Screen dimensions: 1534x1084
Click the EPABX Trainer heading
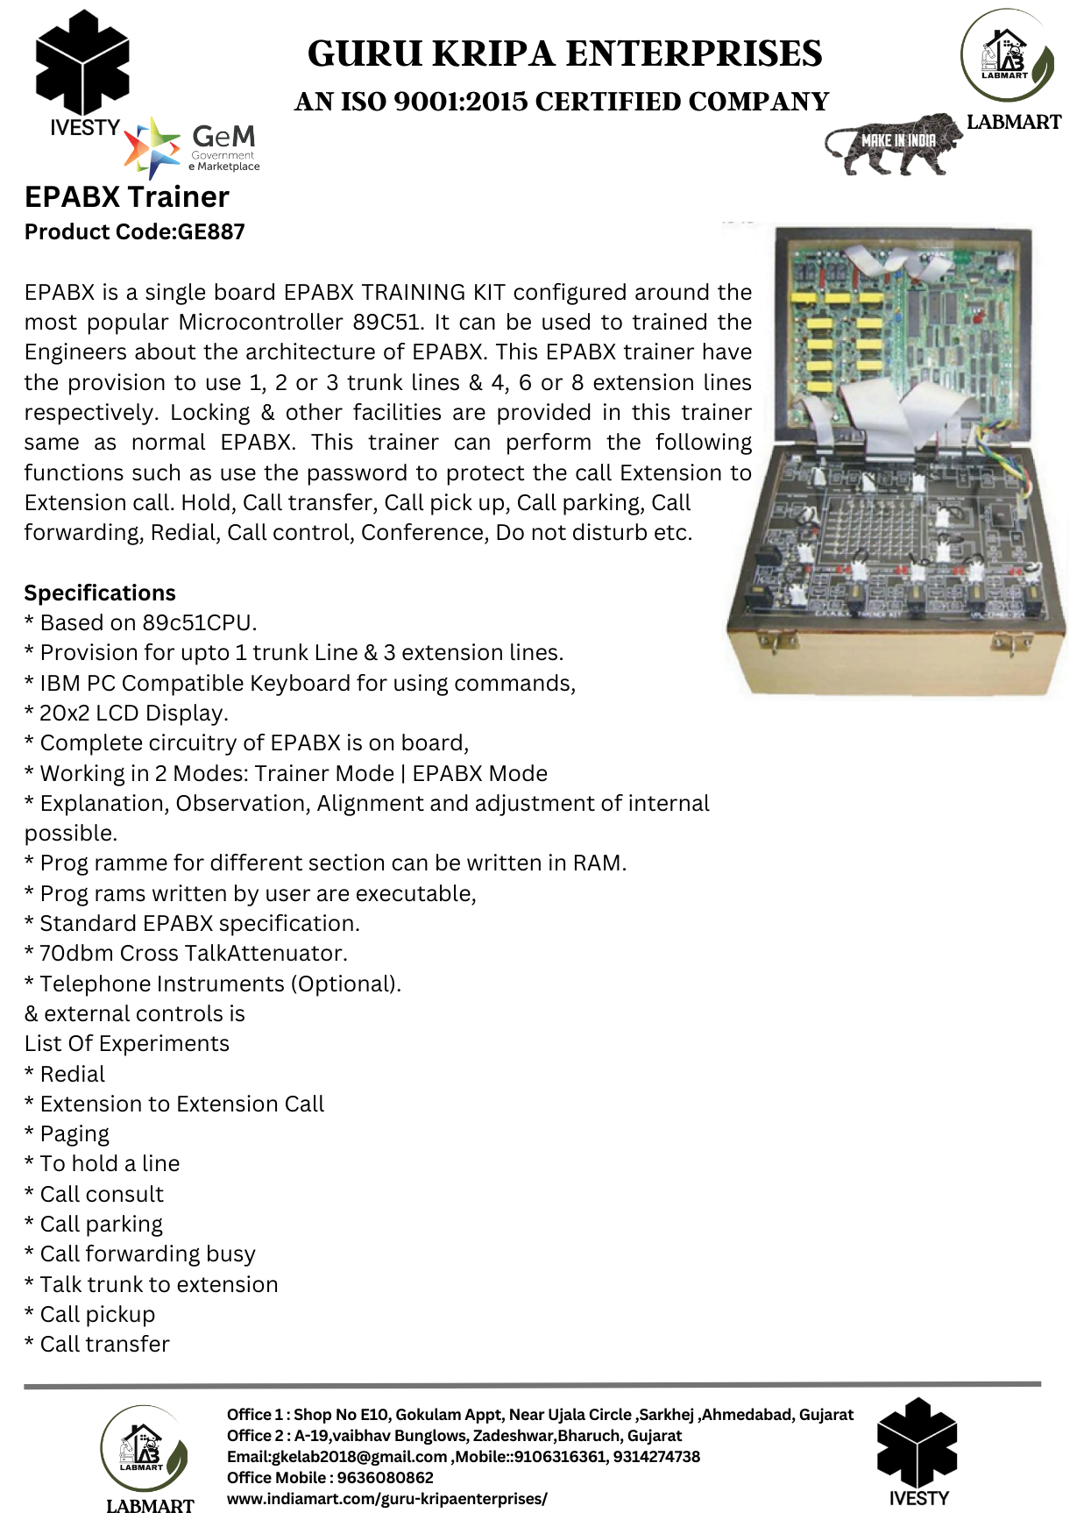127,197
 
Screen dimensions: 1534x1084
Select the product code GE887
135,232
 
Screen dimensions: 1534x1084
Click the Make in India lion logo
892,143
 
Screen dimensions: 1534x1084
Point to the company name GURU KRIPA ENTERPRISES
564,54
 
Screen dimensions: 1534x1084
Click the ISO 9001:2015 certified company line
562,103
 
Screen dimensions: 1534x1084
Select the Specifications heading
100,593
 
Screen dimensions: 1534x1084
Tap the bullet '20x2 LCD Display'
127,714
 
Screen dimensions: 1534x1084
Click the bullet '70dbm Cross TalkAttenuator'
187,954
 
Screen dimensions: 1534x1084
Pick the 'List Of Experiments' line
127,1044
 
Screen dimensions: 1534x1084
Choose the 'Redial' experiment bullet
66,1075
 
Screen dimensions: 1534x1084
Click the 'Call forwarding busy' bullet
140,1254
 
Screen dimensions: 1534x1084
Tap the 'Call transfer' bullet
98,1345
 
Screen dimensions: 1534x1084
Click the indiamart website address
386,1499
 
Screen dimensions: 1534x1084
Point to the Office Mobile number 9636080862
386,1478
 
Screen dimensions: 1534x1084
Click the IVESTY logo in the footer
918,1452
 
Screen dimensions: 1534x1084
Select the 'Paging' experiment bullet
67,1134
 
